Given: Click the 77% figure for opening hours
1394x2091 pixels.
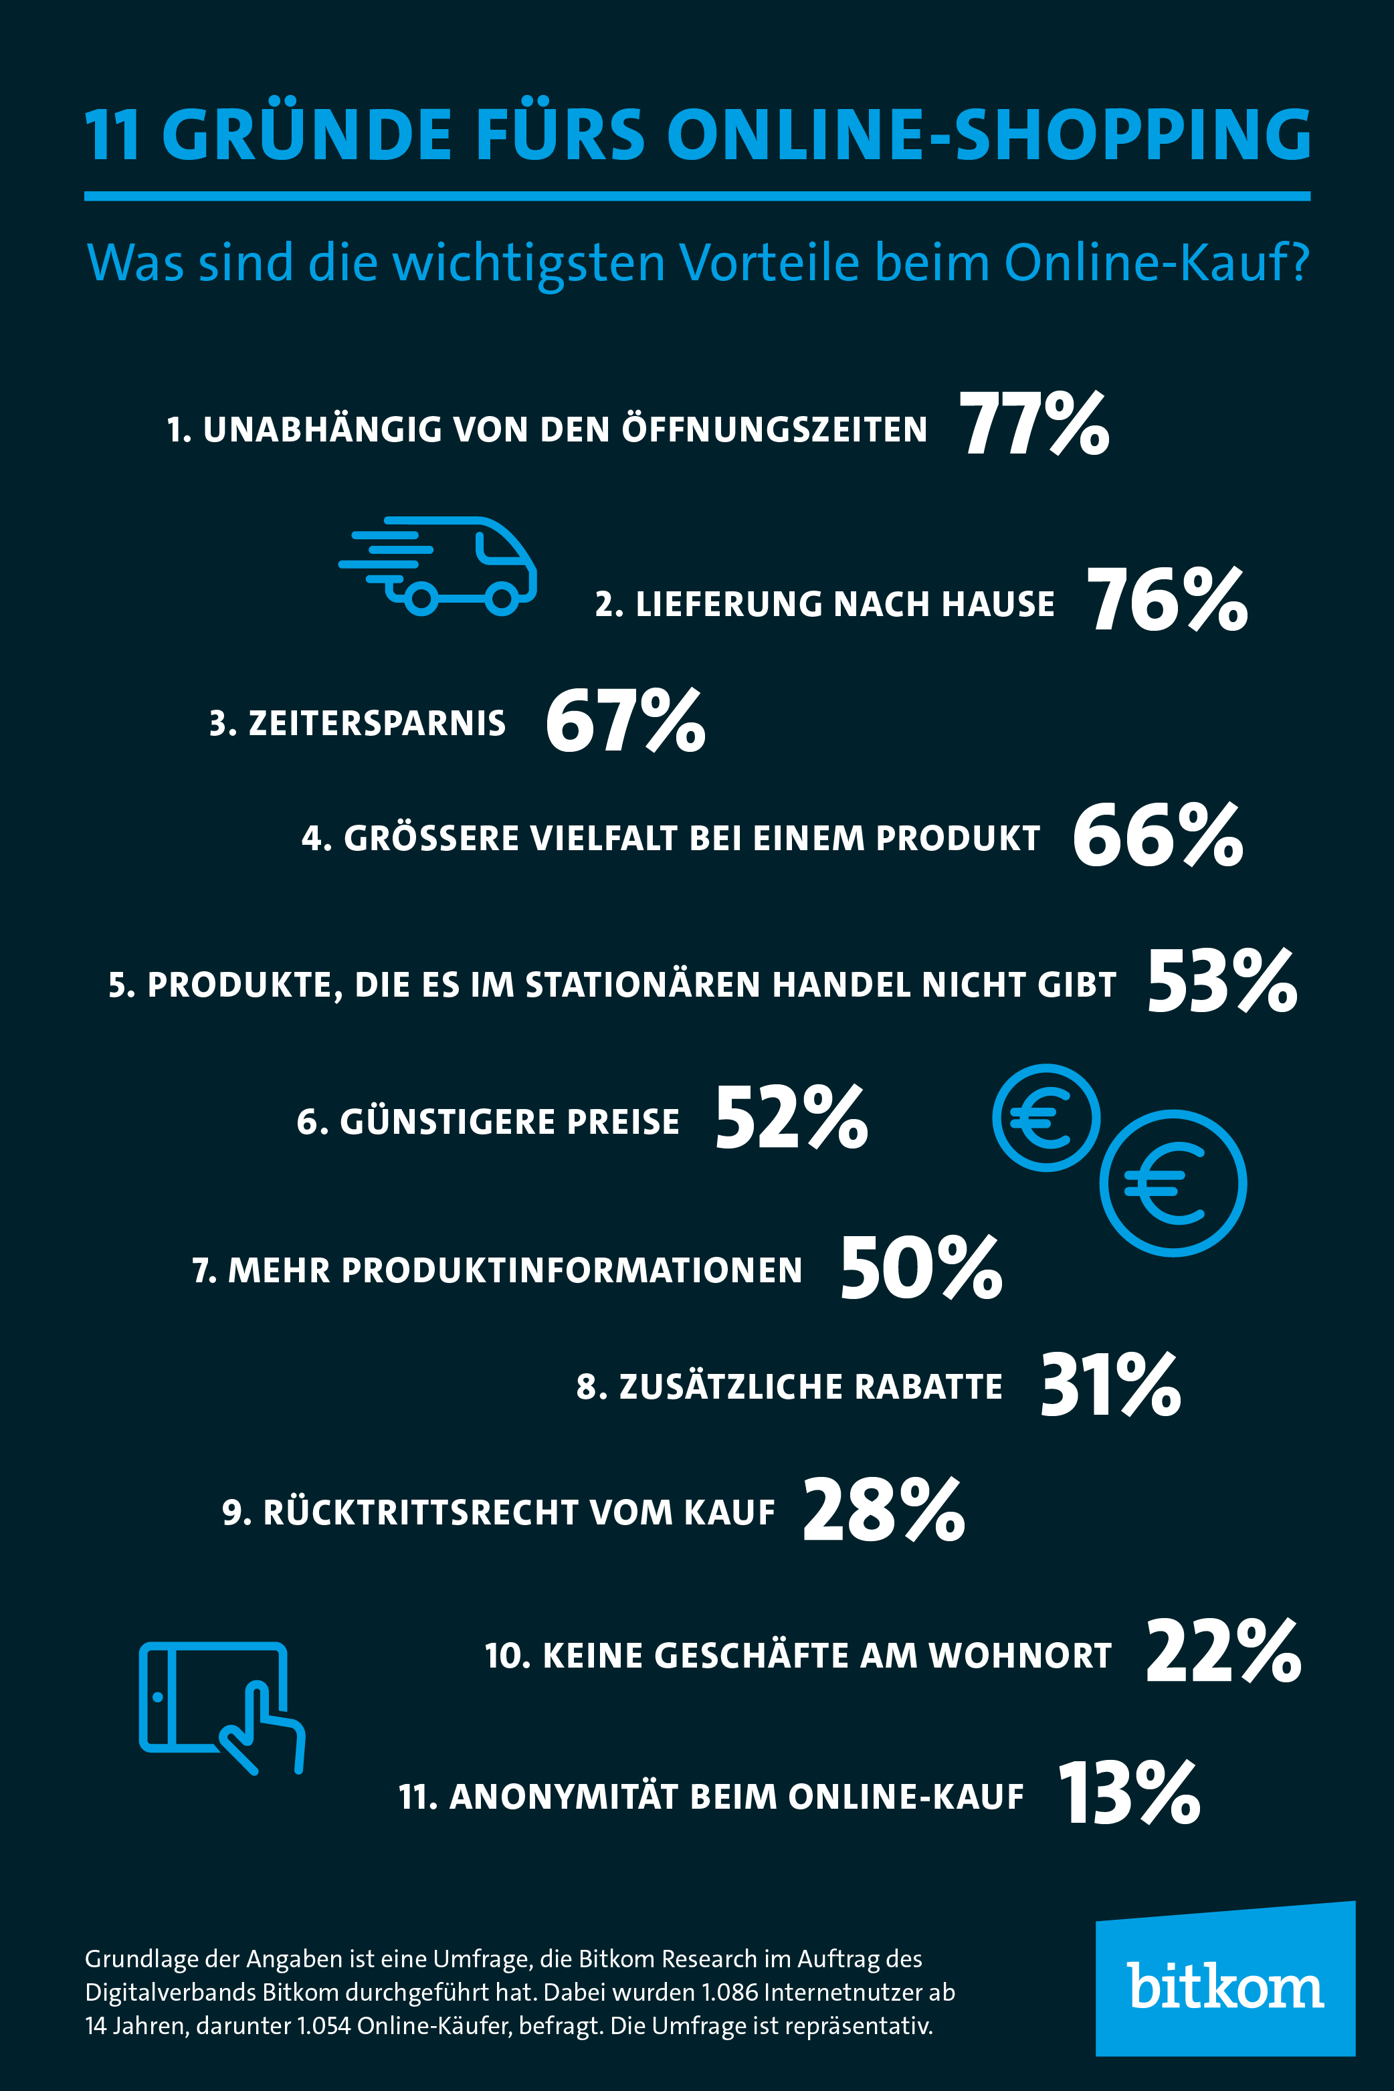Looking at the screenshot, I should [x=1034, y=425].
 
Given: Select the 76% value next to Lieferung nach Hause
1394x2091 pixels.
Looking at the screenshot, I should [x=1167, y=601].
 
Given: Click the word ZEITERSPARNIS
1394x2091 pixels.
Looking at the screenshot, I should [x=377, y=724].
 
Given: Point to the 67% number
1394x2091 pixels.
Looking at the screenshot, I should [x=625, y=721].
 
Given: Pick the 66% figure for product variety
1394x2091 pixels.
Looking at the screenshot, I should [x=1157, y=835].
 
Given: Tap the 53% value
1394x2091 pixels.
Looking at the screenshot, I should [x=1221, y=981].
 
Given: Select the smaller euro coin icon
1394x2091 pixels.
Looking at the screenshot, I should [x=1045, y=1118].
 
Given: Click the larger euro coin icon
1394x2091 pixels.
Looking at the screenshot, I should [x=1173, y=1183].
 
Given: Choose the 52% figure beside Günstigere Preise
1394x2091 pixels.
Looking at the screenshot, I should [x=791, y=1118].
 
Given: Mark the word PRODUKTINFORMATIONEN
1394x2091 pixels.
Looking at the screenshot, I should [x=572, y=1270].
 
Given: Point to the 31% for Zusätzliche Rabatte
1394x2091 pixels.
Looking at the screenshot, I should [x=1110, y=1385].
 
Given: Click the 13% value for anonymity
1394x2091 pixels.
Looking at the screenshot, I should [x=1129, y=1793].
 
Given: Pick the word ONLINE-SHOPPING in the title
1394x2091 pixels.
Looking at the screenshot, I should [x=989, y=135].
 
